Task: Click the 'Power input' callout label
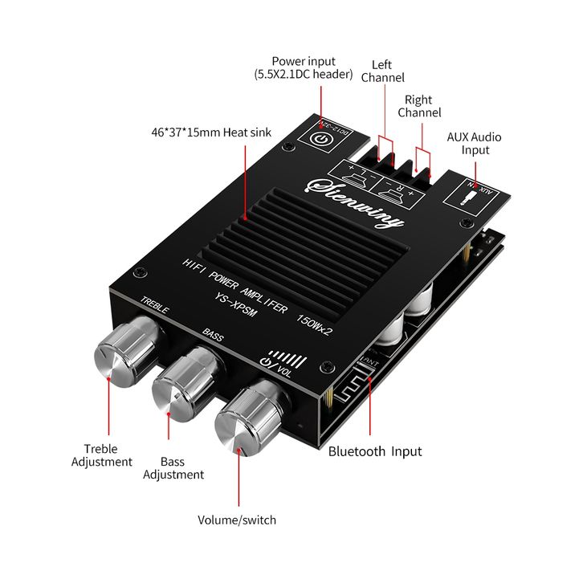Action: click(304, 67)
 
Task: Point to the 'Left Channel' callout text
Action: click(383, 71)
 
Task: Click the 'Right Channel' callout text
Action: click(419, 106)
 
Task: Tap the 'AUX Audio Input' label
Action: click(474, 144)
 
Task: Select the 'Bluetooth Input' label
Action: click(375, 451)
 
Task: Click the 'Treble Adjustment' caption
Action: click(101, 455)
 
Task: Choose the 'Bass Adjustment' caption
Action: click(173, 468)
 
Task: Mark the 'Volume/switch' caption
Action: click(237, 520)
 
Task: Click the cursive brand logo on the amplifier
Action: click(361, 201)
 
